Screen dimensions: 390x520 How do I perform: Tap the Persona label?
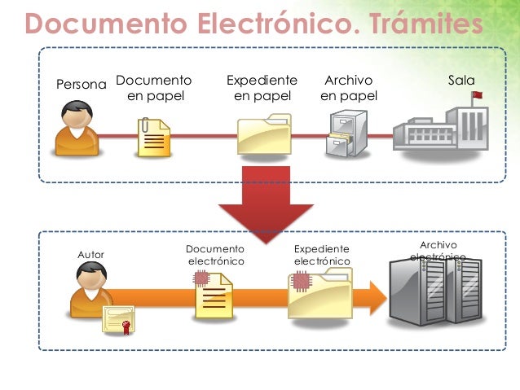(81, 85)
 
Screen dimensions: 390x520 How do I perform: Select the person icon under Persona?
(76, 129)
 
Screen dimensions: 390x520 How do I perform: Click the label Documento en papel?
(154, 89)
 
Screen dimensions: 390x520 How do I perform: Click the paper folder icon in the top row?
(263, 134)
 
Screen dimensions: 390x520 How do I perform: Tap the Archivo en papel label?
(348, 89)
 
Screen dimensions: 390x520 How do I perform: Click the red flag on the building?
(477, 96)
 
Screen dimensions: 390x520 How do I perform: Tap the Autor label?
(90, 256)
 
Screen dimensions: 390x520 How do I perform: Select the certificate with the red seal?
(119, 320)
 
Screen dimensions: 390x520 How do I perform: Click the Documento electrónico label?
(215, 255)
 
